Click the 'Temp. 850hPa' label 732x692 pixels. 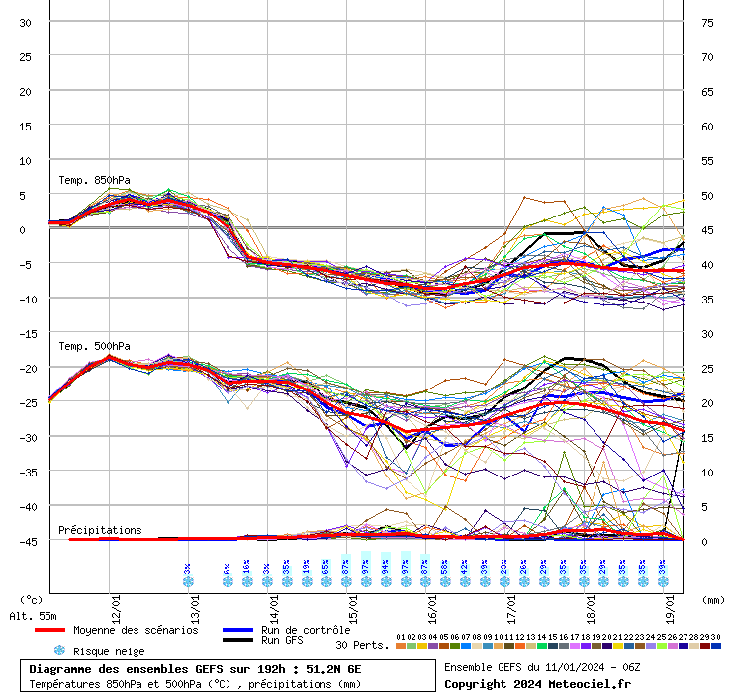[x=94, y=180]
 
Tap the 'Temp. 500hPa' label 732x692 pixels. [x=94, y=346]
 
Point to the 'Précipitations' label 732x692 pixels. [x=100, y=530]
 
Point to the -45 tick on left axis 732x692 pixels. [x=27, y=541]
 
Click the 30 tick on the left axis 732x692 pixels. [x=27, y=22]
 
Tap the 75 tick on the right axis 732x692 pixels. [x=707, y=22]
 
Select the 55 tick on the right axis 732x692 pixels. [x=707, y=160]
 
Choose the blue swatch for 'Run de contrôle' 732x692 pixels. [x=236, y=630]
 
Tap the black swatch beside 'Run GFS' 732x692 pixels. [x=236, y=641]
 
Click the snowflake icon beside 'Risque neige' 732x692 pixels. [x=59, y=650]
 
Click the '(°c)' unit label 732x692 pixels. [x=31, y=599]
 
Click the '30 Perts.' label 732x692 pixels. [x=362, y=645]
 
